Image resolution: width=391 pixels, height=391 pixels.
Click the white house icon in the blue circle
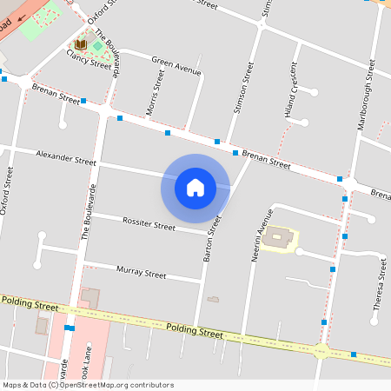(x=195, y=187)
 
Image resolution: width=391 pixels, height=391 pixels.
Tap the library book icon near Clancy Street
(x=80, y=43)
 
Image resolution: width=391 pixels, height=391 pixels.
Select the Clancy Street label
(x=89, y=58)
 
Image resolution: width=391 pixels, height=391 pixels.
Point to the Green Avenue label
(x=176, y=66)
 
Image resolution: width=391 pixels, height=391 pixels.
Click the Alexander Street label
(x=66, y=157)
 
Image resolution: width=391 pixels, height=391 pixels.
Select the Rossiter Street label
(x=149, y=225)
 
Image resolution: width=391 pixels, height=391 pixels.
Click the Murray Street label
(x=141, y=272)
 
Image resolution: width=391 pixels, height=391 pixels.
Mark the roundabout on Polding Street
(x=321, y=351)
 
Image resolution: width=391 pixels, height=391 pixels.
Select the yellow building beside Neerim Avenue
(x=281, y=237)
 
